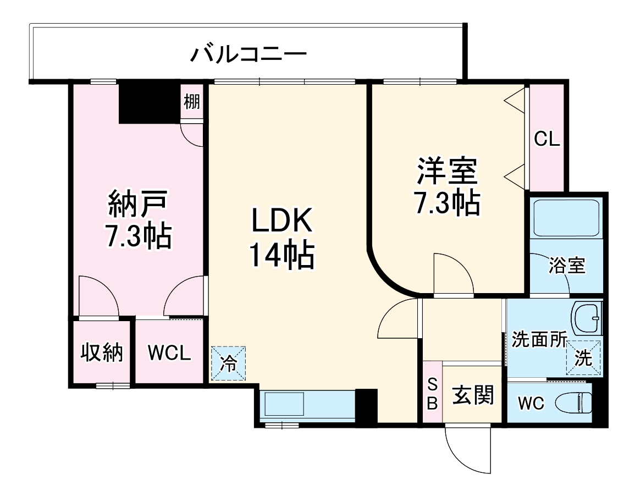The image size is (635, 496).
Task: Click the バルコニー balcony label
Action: point(248,54)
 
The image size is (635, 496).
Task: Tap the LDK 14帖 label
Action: point(282,238)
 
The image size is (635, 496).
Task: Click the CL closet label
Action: point(547,139)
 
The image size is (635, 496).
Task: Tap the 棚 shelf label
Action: point(191,102)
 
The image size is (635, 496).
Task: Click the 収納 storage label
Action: point(102,352)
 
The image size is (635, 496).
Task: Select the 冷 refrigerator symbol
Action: point(228,363)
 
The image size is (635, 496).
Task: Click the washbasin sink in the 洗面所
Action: point(587,318)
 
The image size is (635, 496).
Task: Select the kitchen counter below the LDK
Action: point(308,405)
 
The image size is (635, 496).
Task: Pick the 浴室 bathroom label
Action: point(567,266)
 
